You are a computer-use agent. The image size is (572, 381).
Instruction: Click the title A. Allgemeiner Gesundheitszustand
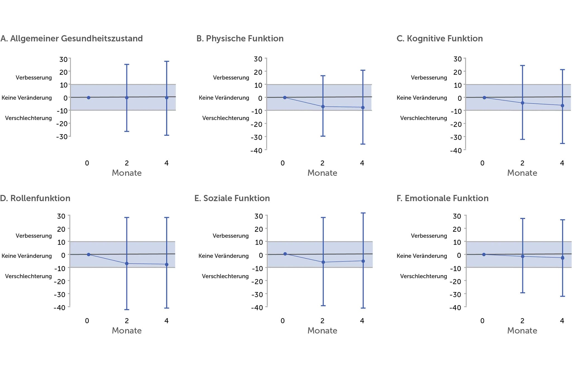pyautogui.click(x=71, y=38)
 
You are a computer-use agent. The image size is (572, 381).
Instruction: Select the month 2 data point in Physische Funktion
pyautogui.click(x=323, y=107)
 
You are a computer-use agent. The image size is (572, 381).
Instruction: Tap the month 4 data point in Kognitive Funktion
pyautogui.click(x=563, y=105)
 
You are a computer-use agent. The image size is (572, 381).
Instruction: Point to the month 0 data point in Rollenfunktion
pyautogui.click(x=89, y=254)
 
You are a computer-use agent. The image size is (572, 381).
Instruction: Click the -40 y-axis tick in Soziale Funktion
pyautogui.click(x=257, y=307)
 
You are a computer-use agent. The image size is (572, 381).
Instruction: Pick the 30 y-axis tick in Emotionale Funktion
pyautogui.click(x=457, y=216)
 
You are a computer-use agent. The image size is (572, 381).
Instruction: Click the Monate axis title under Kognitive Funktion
pyautogui.click(x=522, y=173)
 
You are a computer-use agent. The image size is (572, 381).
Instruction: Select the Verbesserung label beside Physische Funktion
pyautogui.click(x=231, y=78)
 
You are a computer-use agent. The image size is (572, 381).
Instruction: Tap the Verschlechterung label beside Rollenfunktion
pyautogui.click(x=28, y=276)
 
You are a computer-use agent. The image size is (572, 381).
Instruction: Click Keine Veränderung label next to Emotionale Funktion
pyautogui.click(x=422, y=256)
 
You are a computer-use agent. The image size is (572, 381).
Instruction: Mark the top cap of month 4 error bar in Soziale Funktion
pyautogui.click(x=363, y=213)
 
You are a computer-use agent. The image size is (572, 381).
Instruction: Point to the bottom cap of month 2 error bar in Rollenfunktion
pyautogui.click(x=127, y=310)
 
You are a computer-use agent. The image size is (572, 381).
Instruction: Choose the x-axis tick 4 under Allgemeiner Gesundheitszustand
pyautogui.click(x=166, y=163)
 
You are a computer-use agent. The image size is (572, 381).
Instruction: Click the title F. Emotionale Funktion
pyautogui.click(x=442, y=198)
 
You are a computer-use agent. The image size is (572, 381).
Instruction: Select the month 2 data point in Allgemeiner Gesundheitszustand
pyautogui.click(x=127, y=98)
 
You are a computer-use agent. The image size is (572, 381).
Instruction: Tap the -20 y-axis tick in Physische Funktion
pyautogui.click(x=256, y=124)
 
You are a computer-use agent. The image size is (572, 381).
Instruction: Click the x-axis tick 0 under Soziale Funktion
pyautogui.click(x=283, y=321)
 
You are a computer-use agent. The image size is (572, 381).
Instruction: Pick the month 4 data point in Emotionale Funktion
pyautogui.click(x=563, y=258)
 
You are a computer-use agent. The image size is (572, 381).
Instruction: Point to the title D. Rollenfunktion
pyautogui.click(x=35, y=198)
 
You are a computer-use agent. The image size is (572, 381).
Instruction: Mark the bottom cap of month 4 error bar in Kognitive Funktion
pyautogui.click(x=563, y=143)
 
